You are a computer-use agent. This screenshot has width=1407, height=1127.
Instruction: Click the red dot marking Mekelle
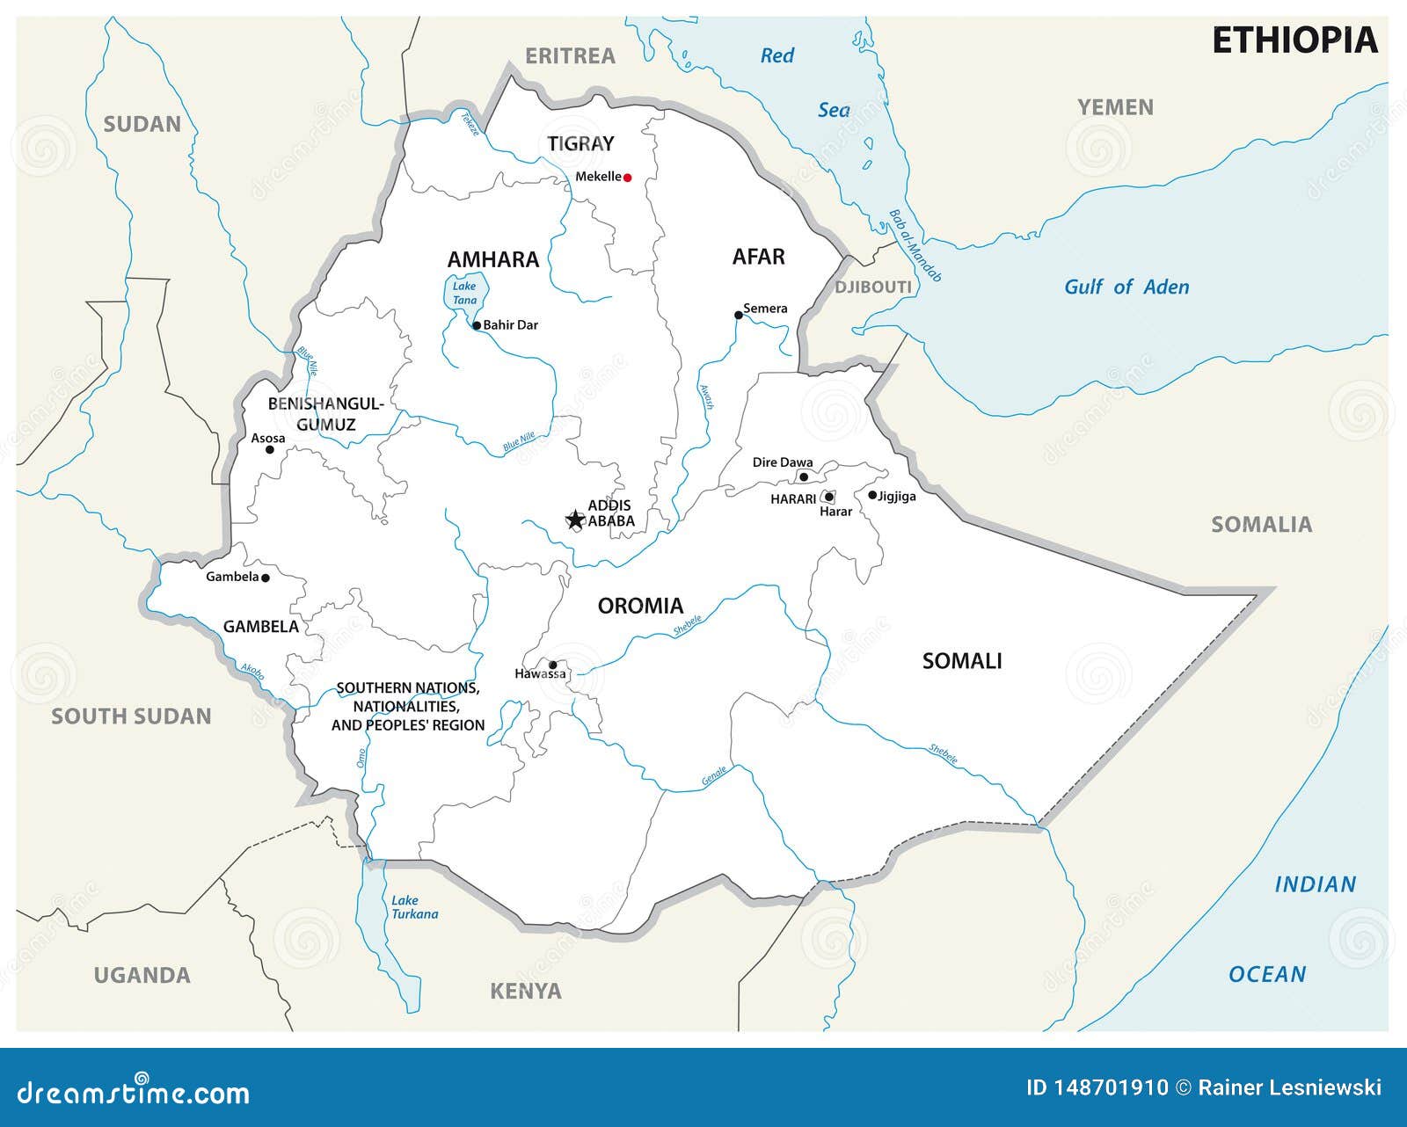pos(628,178)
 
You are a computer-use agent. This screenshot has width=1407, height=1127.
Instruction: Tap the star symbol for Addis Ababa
pos(575,520)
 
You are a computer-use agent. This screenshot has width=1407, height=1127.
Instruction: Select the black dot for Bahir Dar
pos(477,325)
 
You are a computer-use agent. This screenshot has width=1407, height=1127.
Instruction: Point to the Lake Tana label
pos(464,293)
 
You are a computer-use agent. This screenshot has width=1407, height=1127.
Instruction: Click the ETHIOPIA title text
pos(1294,40)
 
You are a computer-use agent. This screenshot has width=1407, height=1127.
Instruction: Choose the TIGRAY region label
pos(580,143)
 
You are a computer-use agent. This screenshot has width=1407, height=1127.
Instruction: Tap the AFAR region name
pos(758,257)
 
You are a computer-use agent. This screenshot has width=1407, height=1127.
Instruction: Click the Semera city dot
pos(739,315)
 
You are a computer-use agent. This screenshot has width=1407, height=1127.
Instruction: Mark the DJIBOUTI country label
pos(873,287)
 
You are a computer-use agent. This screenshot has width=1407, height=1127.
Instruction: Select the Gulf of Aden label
pos(1126,287)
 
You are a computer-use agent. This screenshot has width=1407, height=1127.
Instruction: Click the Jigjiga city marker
pos(872,495)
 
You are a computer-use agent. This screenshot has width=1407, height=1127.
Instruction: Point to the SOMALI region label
pos(962,661)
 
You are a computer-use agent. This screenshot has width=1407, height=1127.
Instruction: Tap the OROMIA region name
pos(640,606)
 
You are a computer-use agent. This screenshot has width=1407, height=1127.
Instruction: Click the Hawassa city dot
pos(553,665)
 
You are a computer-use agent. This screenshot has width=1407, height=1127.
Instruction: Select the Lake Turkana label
pos(414,906)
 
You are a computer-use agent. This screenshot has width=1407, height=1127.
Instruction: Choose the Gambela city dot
pos(266,578)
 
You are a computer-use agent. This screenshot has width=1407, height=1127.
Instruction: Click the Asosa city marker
pos(270,449)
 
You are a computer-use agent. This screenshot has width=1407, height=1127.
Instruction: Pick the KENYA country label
pos(525,992)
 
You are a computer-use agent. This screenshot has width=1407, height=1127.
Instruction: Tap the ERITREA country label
pos(570,56)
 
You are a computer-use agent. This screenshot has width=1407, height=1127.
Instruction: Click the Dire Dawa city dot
pos(803,477)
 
